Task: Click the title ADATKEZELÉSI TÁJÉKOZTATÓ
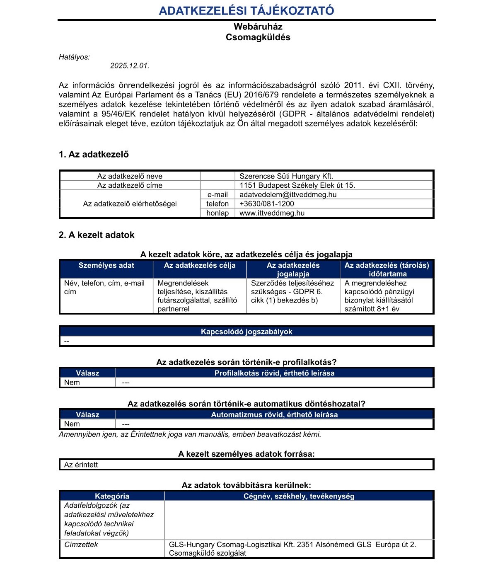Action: (247, 11)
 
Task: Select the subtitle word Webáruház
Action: (258, 27)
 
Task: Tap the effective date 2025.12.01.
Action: (130, 66)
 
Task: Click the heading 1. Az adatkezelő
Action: (94, 155)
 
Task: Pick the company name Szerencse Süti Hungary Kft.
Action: (286, 176)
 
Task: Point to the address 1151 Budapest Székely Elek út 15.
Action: (297, 185)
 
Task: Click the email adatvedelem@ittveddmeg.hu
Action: (288, 194)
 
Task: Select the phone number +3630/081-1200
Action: (267, 203)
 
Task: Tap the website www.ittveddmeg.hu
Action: (272, 213)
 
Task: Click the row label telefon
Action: (217, 203)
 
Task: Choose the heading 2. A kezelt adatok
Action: (97, 235)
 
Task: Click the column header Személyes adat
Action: (106, 266)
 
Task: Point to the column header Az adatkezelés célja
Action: (200, 266)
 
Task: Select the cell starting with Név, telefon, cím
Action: (104, 287)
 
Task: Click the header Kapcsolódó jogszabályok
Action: (247, 332)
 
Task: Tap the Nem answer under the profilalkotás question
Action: (72, 383)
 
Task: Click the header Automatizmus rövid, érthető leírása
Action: (274, 414)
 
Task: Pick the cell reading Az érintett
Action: (81, 465)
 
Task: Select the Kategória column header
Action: (112, 496)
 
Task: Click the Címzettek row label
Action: (81, 545)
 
